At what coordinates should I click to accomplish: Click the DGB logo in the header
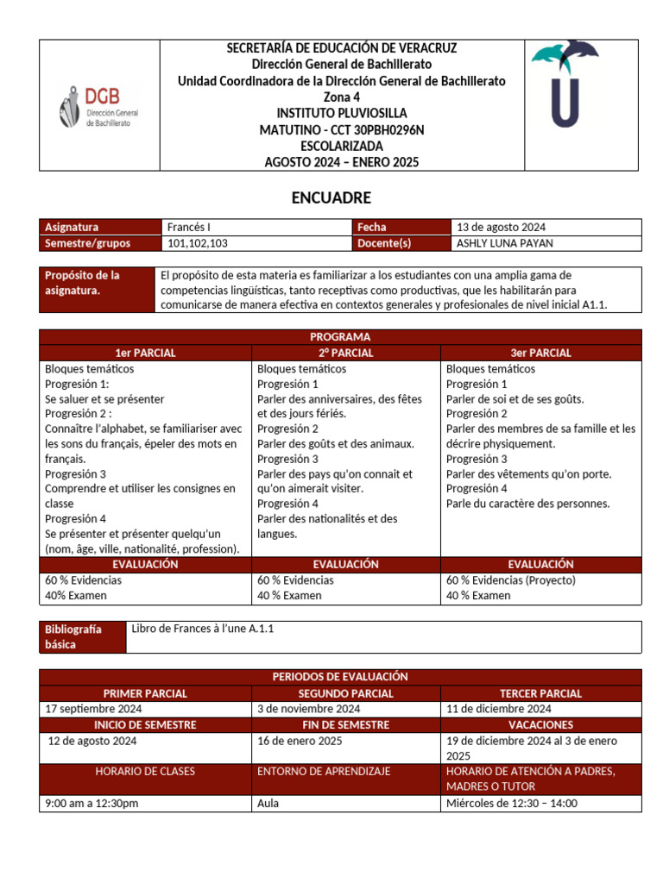click(101, 107)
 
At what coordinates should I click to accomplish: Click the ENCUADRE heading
click(331, 198)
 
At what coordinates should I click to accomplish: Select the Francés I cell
click(190, 227)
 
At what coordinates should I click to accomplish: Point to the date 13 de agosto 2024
click(501, 227)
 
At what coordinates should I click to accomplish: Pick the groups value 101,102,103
click(197, 243)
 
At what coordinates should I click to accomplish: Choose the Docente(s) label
click(384, 243)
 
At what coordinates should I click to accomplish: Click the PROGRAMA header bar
click(340, 337)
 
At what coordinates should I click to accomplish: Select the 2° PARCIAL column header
click(345, 353)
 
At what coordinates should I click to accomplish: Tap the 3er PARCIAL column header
click(540, 353)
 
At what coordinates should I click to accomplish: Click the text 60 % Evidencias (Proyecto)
click(510, 580)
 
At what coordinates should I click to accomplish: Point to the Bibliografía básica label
click(73, 636)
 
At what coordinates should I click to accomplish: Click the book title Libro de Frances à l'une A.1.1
click(203, 629)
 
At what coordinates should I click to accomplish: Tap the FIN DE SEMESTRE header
click(345, 725)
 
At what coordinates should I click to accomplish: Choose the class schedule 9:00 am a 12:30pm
click(92, 804)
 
